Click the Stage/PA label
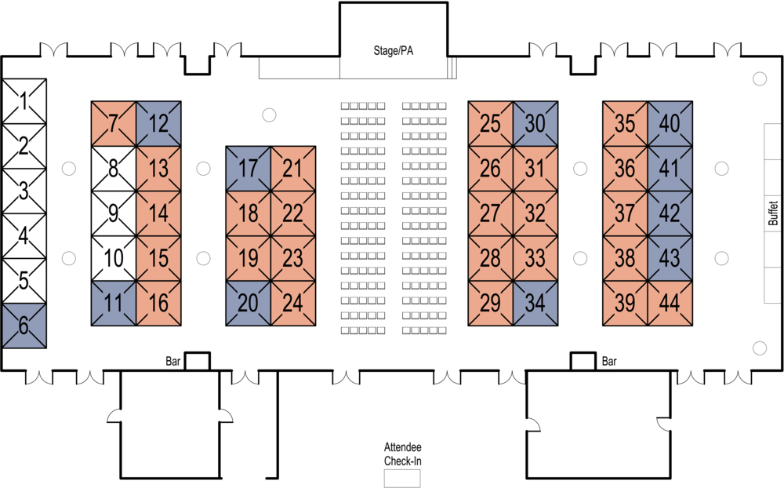tap(393, 52)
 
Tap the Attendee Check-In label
tap(403, 454)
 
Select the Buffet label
tap(773, 213)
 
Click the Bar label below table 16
tap(173, 362)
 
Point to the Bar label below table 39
tap(609, 362)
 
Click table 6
tap(24, 326)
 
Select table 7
tap(114, 124)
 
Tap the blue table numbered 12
tap(158, 124)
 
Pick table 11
tap(114, 303)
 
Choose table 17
tap(249, 169)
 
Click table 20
tap(249, 303)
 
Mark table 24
tap(292, 303)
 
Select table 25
tap(491, 124)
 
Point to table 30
tap(535, 124)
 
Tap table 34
tap(535, 303)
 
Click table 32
tap(535, 213)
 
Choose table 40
tap(670, 124)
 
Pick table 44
tap(670, 303)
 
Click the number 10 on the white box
tap(114, 258)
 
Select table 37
tap(625, 213)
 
